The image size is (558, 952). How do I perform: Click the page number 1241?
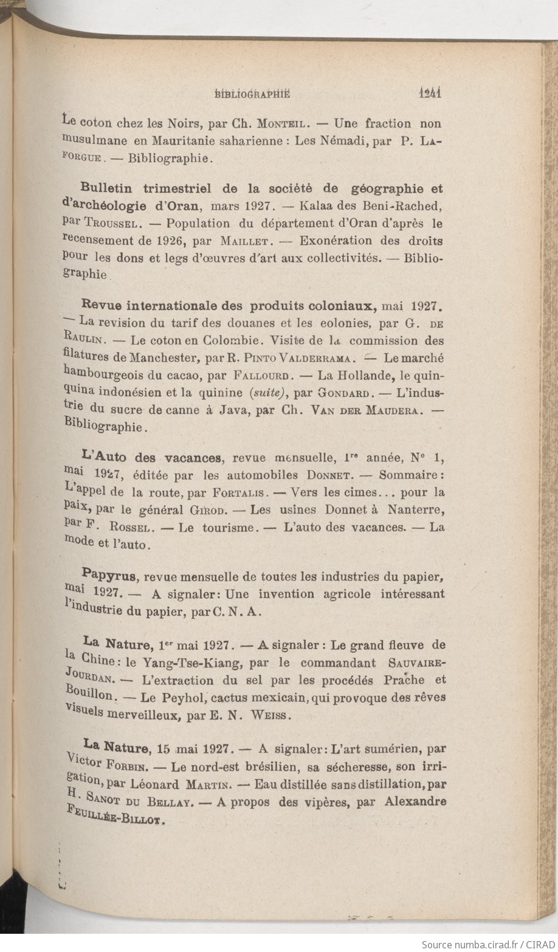pyautogui.click(x=430, y=94)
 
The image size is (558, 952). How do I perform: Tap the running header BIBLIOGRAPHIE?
pyautogui.click(x=253, y=94)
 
